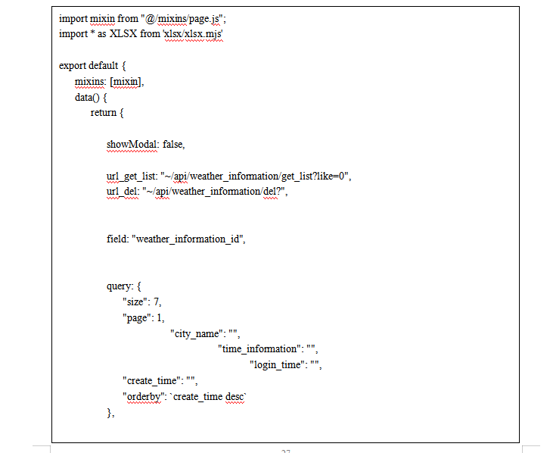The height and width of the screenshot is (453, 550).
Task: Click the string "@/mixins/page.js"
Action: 185,19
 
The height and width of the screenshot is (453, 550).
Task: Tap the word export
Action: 73,66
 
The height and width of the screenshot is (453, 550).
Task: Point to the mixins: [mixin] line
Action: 109,82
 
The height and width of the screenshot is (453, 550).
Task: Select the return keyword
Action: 104,113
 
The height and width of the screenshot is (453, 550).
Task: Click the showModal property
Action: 132,145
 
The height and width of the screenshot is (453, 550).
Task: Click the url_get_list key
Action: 132,177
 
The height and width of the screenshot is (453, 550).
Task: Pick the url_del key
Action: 122,192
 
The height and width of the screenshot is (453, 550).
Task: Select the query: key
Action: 120,286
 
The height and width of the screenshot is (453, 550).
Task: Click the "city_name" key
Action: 198,334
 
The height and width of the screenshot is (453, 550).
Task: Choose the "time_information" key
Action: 259,349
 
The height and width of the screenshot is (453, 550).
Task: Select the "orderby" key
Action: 144,397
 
